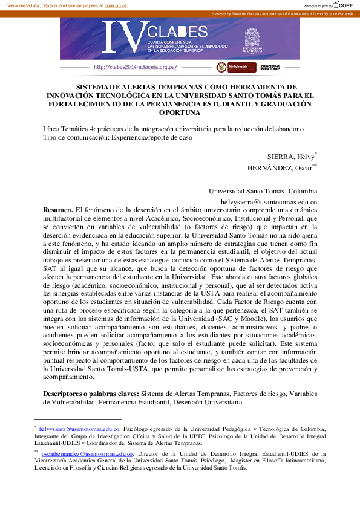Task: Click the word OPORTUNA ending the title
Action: [179, 112]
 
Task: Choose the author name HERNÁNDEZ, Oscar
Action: [279, 168]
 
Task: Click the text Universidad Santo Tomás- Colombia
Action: [263, 189]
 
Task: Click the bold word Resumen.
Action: [57, 209]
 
